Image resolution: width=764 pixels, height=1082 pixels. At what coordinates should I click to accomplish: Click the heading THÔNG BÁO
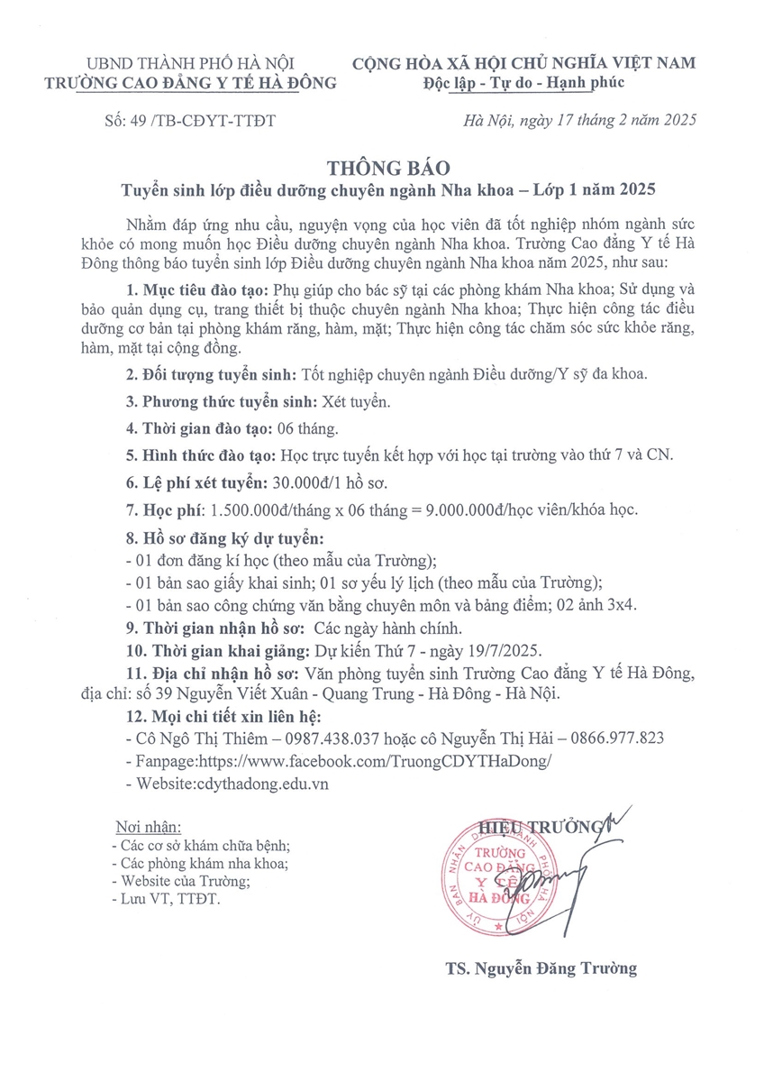tap(382, 168)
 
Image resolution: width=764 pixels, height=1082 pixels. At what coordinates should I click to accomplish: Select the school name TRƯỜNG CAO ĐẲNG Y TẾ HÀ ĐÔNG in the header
tap(190, 83)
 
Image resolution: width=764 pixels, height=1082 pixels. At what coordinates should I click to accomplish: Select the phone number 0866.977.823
tap(613, 737)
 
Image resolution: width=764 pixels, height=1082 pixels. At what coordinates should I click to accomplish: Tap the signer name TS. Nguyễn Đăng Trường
tap(541, 969)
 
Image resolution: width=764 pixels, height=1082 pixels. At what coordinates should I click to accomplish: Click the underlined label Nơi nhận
tap(149, 828)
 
